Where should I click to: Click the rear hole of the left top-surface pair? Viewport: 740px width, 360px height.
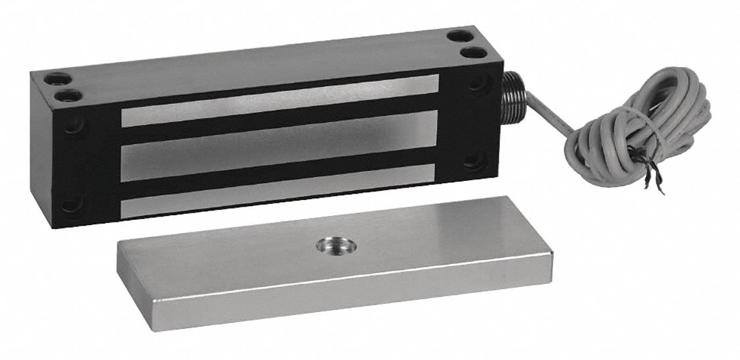[59, 79]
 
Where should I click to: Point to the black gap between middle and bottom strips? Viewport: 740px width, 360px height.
[280, 172]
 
